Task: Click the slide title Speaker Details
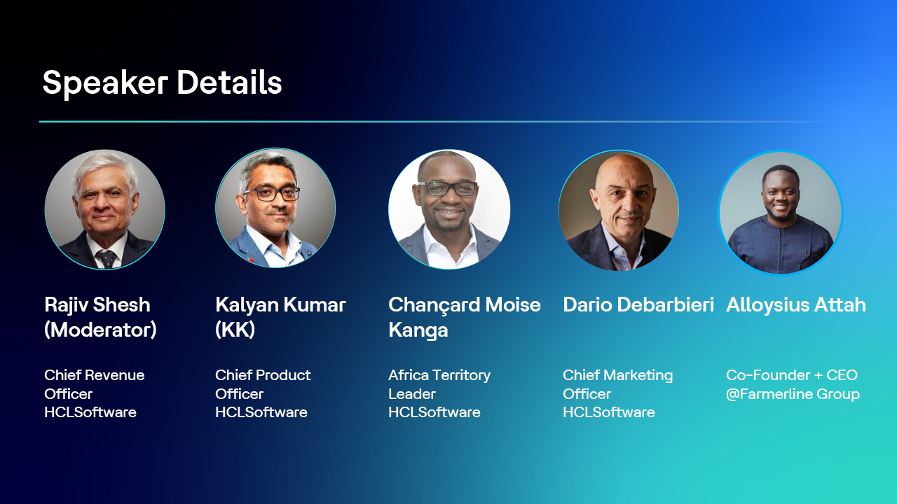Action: pos(162,83)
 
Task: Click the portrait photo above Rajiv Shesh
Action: pos(105,209)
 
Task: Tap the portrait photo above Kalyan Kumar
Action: pos(275,208)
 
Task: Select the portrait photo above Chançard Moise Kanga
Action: pos(449,209)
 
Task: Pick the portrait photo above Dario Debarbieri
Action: pos(619,210)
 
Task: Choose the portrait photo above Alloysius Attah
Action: pos(780,213)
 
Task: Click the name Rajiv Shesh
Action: pos(97,305)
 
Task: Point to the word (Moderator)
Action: pos(100,330)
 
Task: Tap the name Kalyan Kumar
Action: pos(280,305)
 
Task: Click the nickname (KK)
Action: pos(235,330)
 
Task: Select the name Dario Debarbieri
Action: pos(638,305)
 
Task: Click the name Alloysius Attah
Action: pos(796,305)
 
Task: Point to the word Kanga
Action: pos(418,330)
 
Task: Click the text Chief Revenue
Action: pos(95,375)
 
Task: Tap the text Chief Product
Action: pos(263,375)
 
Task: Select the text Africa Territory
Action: pos(439,375)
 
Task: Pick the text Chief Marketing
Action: pos(617,375)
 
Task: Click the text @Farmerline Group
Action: pos(793,394)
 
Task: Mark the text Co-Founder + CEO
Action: pos(792,375)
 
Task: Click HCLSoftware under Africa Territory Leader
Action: pos(434,412)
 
